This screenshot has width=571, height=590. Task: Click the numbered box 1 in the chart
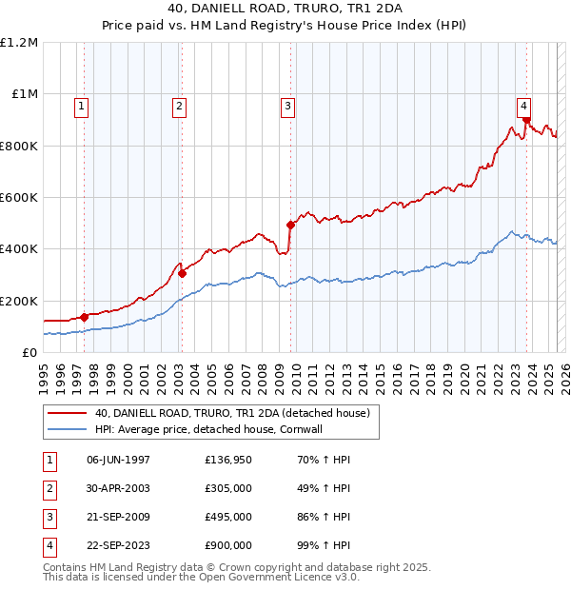[x=82, y=107]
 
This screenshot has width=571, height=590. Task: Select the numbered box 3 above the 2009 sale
[x=286, y=107]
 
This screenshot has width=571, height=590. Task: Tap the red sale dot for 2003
[x=182, y=273]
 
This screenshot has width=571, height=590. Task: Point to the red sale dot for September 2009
[x=290, y=225]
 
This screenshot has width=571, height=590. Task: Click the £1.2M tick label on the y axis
[x=19, y=43]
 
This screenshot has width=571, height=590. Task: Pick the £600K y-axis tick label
[x=19, y=198]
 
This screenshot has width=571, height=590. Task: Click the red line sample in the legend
[x=68, y=413]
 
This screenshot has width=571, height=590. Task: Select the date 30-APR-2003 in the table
[x=119, y=488]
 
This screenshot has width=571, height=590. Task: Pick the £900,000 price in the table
[x=228, y=545]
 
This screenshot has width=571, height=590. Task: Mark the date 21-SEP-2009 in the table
[x=119, y=517]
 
